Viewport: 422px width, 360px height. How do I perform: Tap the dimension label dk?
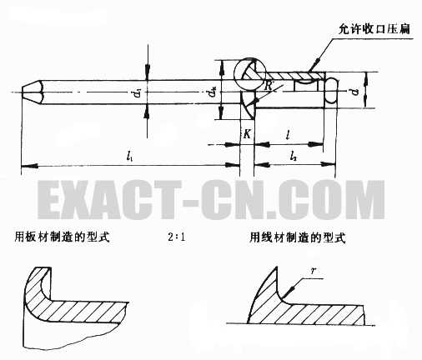(213, 92)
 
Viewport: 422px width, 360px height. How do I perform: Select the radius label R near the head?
(268, 86)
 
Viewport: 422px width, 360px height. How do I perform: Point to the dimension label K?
(247, 134)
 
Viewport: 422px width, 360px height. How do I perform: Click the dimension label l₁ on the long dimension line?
(129, 157)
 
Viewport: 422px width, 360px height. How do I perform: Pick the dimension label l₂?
(293, 157)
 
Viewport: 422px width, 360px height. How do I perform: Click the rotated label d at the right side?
(354, 92)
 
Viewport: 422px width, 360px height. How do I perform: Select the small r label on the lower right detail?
(314, 271)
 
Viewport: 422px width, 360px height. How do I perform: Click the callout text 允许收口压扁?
(374, 29)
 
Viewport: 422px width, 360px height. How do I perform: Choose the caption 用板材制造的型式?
(62, 237)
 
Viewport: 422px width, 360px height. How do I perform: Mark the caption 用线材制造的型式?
(297, 237)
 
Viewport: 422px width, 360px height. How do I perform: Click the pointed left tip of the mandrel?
(22, 92)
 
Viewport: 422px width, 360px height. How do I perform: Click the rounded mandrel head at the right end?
(331, 92)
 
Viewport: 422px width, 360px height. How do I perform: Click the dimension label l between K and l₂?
(289, 135)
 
